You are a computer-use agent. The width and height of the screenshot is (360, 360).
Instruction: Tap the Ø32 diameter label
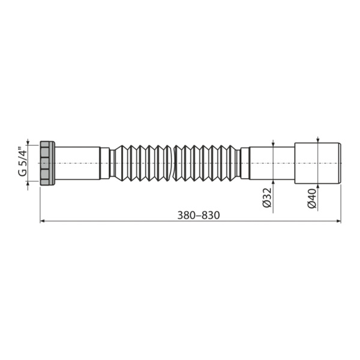pyautogui.click(x=267, y=199)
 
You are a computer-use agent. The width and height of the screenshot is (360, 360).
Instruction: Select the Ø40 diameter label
pyautogui.click(x=312, y=199)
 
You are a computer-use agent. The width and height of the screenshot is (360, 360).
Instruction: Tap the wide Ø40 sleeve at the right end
pyautogui.click(x=317, y=163)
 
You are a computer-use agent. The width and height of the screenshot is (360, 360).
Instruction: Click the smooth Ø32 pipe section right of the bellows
pyautogui.click(x=271, y=163)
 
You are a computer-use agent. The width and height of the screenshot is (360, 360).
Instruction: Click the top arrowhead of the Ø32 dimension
pyautogui.click(x=274, y=144)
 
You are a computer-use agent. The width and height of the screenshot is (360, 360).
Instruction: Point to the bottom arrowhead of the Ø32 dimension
pyautogui.click(x=274, y=181)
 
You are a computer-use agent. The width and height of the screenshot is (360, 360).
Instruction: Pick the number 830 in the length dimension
pyautogui.click(x=204, y=215)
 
